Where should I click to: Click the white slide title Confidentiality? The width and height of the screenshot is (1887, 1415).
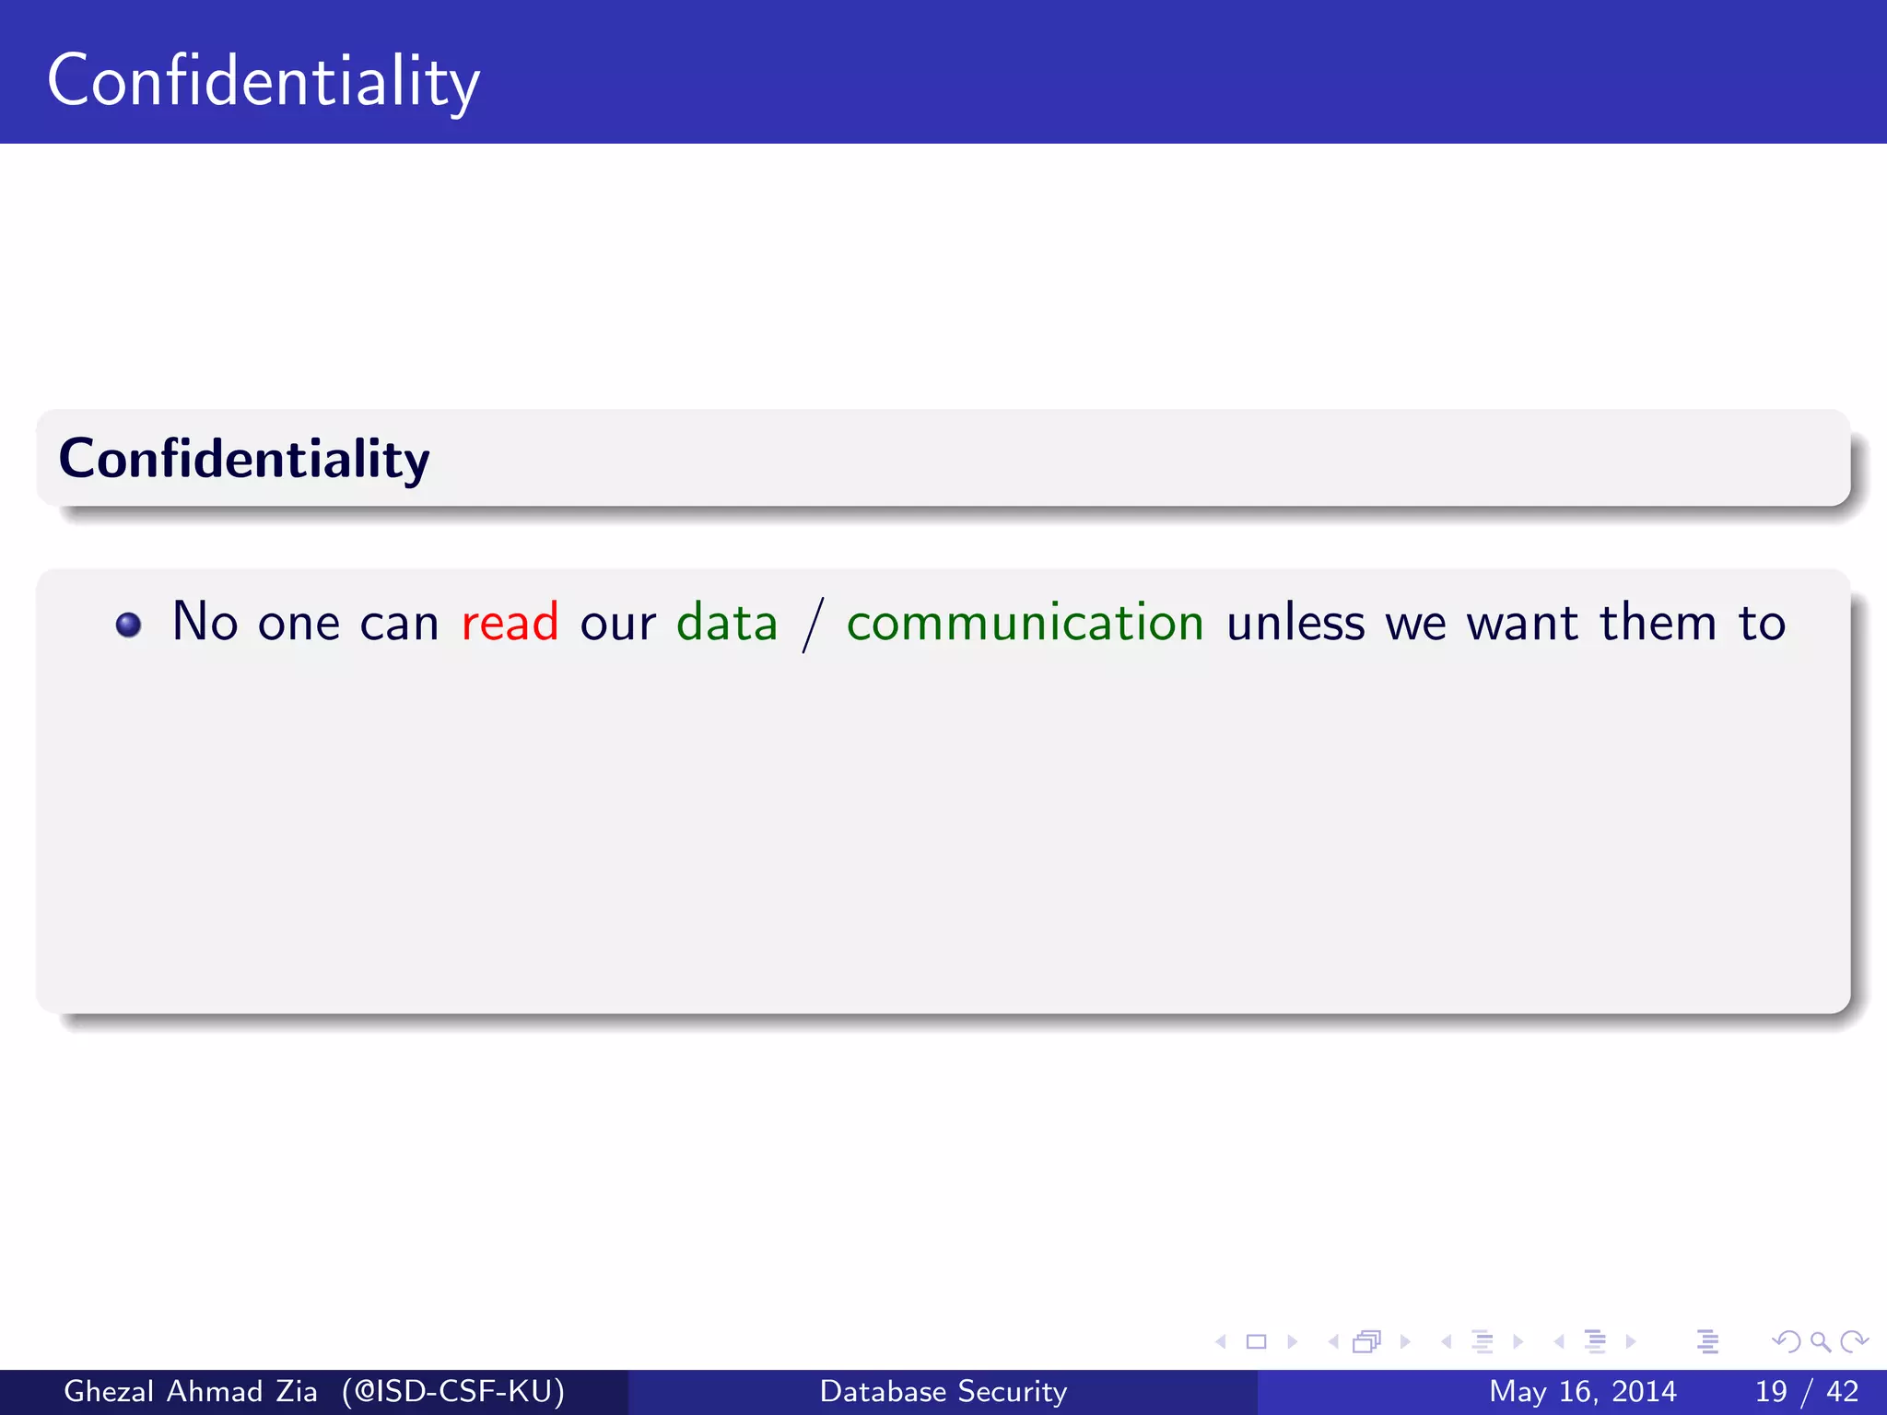tap(264, 82)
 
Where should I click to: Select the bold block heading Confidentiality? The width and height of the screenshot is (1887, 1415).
tap(244, 459)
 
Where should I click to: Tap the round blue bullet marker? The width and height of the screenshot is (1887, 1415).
tap(129, 626)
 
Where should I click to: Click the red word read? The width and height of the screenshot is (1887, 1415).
tap(510, 623)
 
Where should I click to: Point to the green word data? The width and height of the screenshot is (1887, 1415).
tap(727, 623)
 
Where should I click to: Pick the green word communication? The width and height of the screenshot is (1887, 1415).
tap(1025, 623)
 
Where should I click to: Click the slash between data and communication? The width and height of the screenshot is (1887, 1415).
tap(812, 625)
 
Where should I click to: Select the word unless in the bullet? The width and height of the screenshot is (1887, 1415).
tap(1295, 623)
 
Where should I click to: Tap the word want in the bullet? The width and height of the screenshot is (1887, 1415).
tap(1522, 623)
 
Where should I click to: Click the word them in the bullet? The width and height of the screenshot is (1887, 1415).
tap(1658, 623)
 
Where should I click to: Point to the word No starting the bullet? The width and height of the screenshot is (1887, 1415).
tap(205, 623)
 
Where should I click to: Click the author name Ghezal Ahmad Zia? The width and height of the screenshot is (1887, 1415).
tap(191, 1391)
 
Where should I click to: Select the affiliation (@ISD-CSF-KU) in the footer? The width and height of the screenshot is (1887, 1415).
tap(452, 1391)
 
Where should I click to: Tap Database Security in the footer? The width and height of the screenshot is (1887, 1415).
tap(943, 1391)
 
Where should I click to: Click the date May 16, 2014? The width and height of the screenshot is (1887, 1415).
tap(1582, 1391)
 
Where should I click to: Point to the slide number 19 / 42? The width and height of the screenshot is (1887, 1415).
tap(1806, 1391)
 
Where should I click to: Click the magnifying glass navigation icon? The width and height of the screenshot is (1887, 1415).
tap(1820, 1342)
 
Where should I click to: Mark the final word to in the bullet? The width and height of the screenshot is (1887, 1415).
tap(1762, 623)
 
